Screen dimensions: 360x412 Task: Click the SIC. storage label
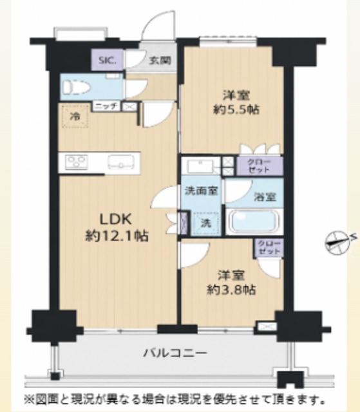(x=107, y=61)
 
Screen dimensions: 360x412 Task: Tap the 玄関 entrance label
(x=160, y=61)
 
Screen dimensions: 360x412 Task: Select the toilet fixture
(x=77, y=87)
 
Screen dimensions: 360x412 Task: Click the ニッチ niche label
(x=107, y=107)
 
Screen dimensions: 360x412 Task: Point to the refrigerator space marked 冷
(x=75, y=116)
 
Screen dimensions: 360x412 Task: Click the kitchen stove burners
(x=77, y=162)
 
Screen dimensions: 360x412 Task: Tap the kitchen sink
(x=121, y=162)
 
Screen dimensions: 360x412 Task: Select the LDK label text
(x=115, y=218)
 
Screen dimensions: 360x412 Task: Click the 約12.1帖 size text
(x=117, y=236)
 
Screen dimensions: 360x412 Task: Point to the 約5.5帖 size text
(x=236, y=109)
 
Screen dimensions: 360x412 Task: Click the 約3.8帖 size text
(x=231, y=290)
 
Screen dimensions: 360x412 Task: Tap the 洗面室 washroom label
(x=202, y=191)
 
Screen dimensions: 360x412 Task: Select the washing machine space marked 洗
(x=206, y=223)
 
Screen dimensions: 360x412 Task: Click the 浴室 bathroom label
(x=265, y=197)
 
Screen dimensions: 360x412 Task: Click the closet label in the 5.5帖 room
(x=260, y=166)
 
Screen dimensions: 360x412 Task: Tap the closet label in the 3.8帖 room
(x=269, y=247)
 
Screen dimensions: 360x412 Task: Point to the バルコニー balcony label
(x=175, y=353)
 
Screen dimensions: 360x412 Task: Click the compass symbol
(x=339, y=242)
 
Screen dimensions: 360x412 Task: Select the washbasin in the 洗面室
(x=200, y=166)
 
